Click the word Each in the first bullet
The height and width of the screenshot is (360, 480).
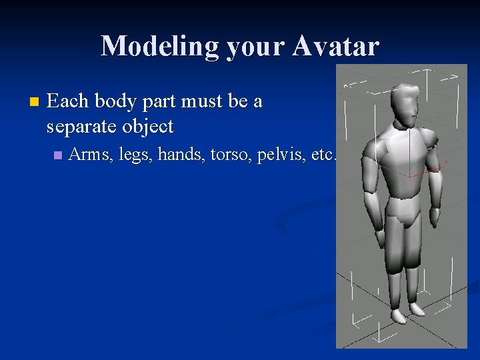69,101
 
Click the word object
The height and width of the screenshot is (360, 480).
150,126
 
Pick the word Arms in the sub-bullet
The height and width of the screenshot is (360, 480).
91,155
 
